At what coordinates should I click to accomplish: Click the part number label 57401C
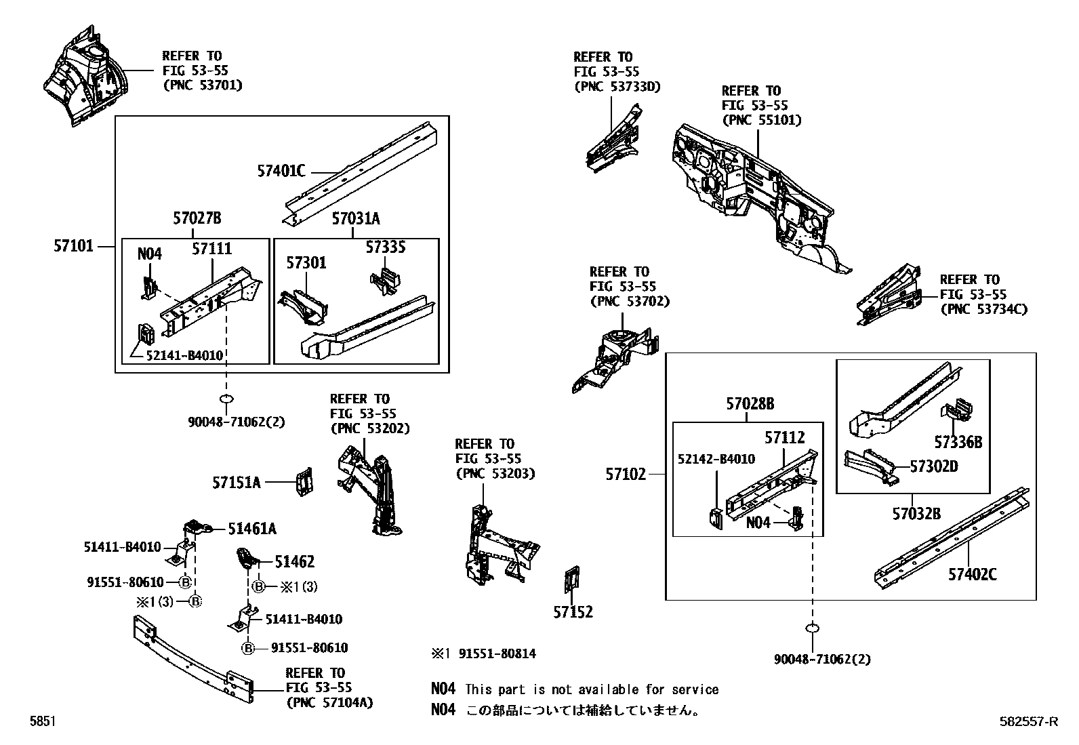281,171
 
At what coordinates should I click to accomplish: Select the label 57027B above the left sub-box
197,218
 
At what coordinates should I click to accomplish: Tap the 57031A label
356,218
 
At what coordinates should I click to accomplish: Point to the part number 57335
386,248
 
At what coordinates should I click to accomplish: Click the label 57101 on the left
73,246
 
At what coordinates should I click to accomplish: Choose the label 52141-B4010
184,355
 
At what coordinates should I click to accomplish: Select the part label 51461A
252,529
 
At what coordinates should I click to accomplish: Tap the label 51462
294,561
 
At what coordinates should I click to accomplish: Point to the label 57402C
973,575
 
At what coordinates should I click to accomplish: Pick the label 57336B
958,443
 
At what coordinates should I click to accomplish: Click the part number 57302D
934,466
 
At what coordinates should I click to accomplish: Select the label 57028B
750,404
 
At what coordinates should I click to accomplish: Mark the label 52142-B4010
716,459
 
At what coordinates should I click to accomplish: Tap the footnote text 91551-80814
497,653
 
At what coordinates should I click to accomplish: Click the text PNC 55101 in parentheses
762,120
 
